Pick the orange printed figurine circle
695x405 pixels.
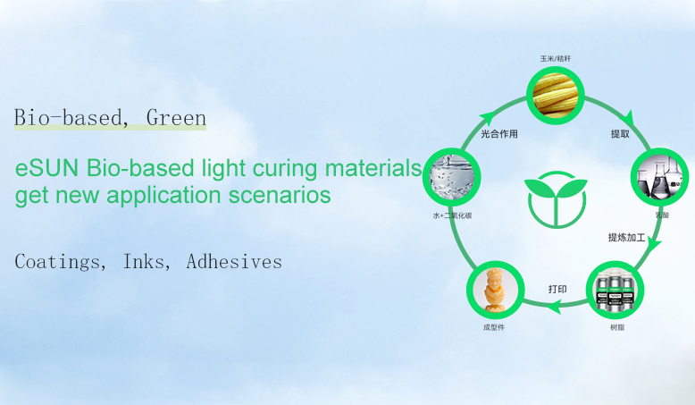pyautogui.click(x=494, y=291)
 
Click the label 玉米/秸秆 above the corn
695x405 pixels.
pyautogui.click(x=555, y=59)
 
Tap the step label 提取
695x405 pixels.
pyautogui.click(x=621, y=134)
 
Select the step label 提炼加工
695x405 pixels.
pyautogui.click(x=627, y=237)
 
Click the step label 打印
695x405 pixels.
pyautogui.click(x=557, y=289)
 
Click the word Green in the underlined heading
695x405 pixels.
pyautogui.click(x=176, y=117)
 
